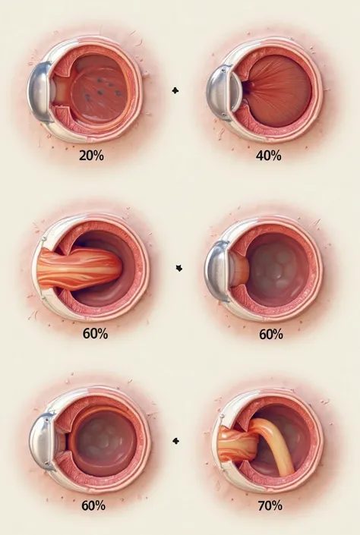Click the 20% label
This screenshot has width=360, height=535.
pyautogui.click(x=91, y=156)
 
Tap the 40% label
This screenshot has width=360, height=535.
pyautogui.click(x=269, y=156)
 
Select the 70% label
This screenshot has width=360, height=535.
pyautogui.click(x=270, y=505)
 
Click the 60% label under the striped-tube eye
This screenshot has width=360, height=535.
pyautogui.click(x=95, y=333)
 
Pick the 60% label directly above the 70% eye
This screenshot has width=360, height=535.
pyautogui.click(x=271, y=335)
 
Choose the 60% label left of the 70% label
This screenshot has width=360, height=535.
pyautogui.click(x=93, y=505)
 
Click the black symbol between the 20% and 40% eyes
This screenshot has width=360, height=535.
pyautogui.click(x=175, y=91)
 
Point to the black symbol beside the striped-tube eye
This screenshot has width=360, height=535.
pyautogui.click(x=179, y=269)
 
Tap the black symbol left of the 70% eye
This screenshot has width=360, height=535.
pyautogui.click(x=176, y=441)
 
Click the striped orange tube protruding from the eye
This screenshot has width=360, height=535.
pyautogui.click(x=78, y=269)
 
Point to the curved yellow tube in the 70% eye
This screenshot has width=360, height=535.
pyautogui.click(x=276, y=444)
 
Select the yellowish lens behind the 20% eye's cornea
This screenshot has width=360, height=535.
pyautogui.click(x=61, y=91)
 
